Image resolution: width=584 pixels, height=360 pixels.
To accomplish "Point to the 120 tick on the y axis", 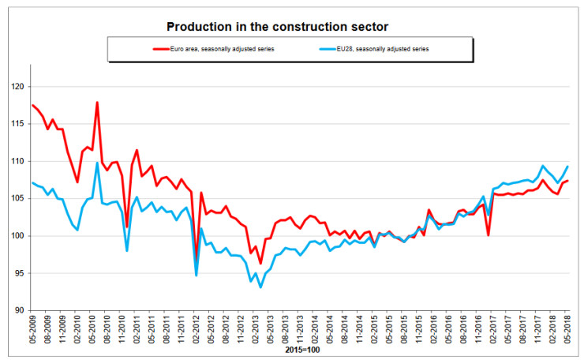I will [17, 87].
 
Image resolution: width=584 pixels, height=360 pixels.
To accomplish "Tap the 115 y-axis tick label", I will [17, 124].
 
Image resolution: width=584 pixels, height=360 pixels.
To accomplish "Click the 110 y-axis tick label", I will [17, 161].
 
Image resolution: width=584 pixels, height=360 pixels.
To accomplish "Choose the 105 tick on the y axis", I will [17, 198].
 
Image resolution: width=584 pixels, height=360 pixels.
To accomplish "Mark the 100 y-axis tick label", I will [17, 236].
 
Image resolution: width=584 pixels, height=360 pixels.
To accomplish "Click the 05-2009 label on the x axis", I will [32, 331].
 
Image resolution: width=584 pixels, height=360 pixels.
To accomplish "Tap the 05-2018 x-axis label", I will [566, 331].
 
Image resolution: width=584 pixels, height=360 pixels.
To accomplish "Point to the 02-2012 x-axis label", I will [196, 331].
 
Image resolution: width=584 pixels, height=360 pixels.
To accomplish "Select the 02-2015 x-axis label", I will [373, 331].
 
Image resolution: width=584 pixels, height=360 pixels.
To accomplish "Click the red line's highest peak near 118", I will [97, 103].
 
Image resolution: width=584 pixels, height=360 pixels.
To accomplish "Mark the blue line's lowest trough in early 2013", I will [260, 287].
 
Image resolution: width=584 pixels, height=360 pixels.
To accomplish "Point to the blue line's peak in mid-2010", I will [97, 163].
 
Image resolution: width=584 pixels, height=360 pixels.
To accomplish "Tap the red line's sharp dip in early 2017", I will [489, 234].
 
